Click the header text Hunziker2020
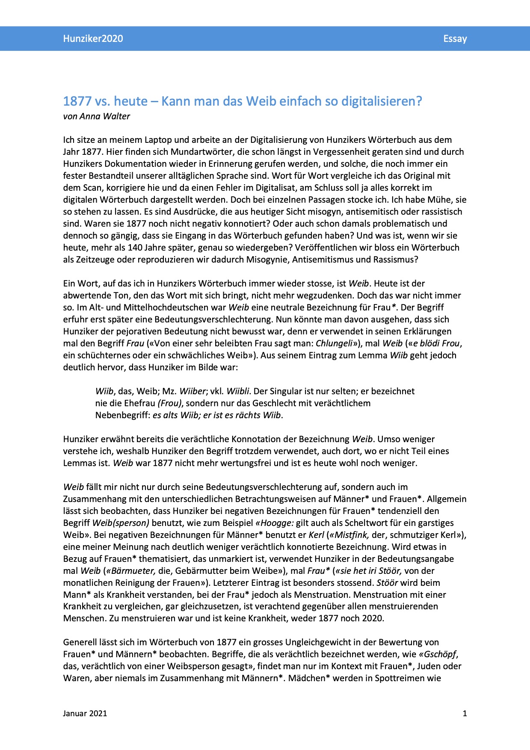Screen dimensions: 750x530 tap(93, 38)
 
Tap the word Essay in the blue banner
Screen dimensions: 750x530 tap(455, 38)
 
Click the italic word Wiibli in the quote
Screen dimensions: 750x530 tap(238, 391)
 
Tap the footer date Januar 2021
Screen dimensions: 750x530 tap(85, 713)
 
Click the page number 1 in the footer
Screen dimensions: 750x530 tap(465, 713)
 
